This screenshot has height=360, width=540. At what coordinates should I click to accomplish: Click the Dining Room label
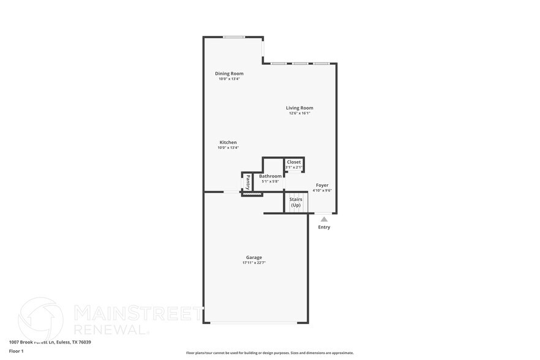click(x=229, y=73)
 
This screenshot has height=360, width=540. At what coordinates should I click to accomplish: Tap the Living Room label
click(x=299, y=108)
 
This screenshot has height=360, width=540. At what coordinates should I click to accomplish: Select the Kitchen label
click(x=228, y=143)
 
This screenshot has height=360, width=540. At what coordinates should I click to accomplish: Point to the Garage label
click(x=254, y=257)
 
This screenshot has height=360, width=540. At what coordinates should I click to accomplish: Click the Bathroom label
click(x=270, y=176)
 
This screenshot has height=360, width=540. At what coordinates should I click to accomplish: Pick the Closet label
click(x=294, y=162)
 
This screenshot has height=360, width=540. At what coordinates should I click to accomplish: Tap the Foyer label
click(x=322, y=185)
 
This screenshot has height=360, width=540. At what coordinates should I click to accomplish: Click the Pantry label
click(x=248, y=182)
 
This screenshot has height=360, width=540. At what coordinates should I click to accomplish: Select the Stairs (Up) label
click(x=296, y=202)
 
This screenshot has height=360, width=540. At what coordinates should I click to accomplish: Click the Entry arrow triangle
click(x=324, y=219)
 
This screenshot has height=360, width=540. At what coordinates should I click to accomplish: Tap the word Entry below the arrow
click(x=324, y=227)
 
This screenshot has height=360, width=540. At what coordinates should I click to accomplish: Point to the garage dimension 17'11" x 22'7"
click(x=254, y=263)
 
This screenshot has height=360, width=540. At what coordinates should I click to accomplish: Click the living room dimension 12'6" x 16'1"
click(x=299, y=113)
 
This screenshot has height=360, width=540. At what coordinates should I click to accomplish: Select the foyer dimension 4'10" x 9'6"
click(x=322, y=190)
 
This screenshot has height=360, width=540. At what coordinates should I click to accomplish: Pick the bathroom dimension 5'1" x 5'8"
click(x=270, y=181)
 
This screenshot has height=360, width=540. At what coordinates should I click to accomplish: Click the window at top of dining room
click(x=234, y=37)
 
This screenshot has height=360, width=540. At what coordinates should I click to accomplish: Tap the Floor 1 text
click(x=16, y=351)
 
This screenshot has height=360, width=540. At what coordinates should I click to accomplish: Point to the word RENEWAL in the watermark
click(x=110, y=329)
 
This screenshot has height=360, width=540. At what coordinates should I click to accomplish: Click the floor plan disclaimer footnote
click(x=269, y=353)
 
